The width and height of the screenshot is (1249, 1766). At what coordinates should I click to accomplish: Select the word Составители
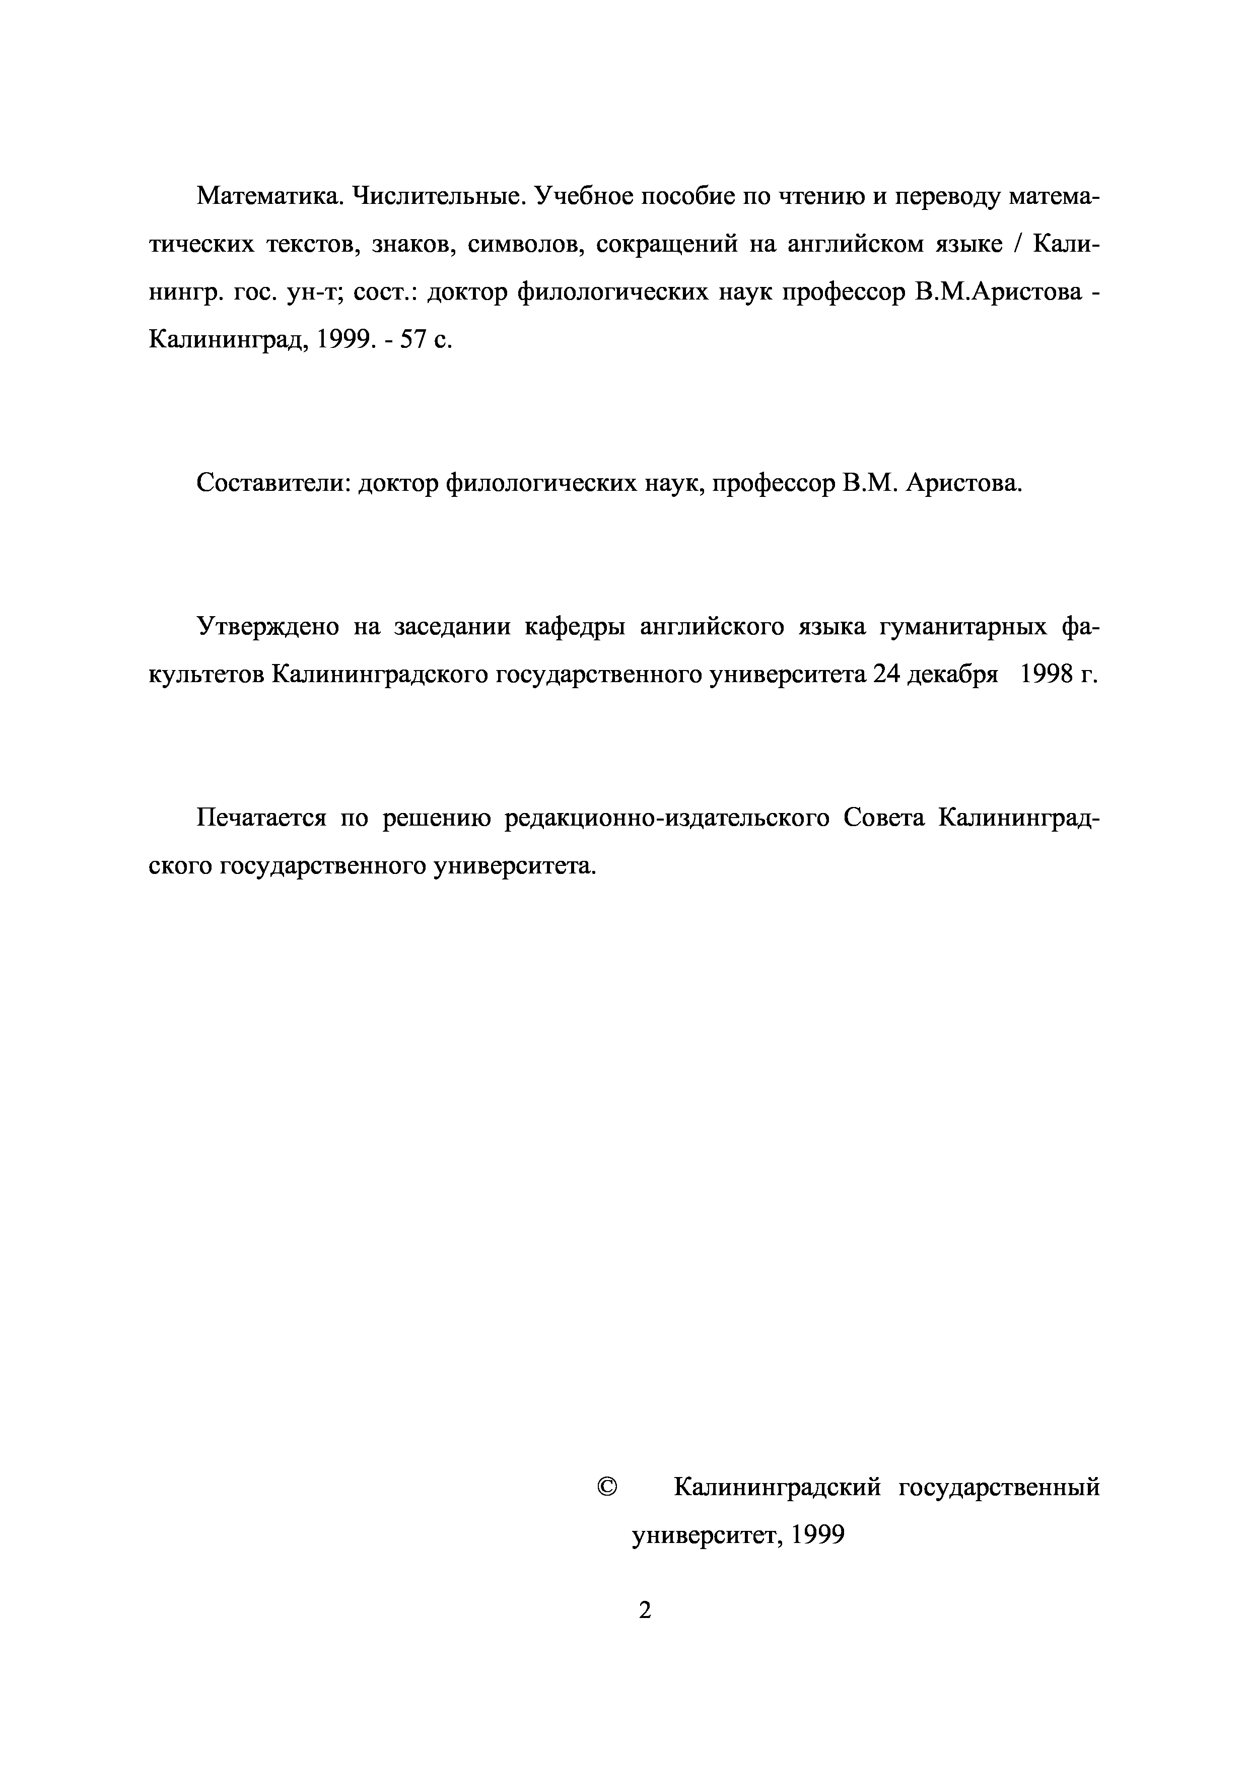[273, 483]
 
